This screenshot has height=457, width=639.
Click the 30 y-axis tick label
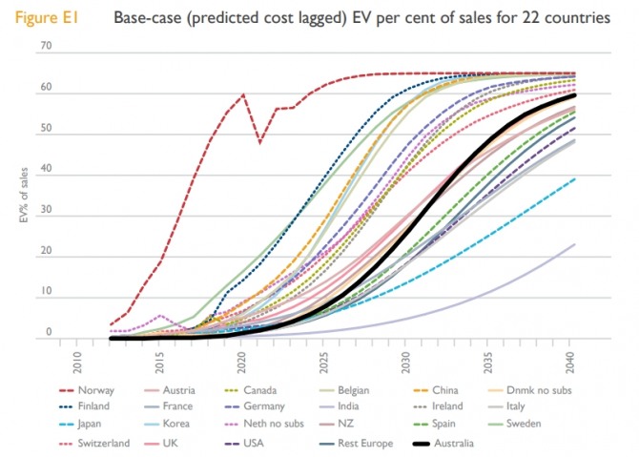coord(46,215)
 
